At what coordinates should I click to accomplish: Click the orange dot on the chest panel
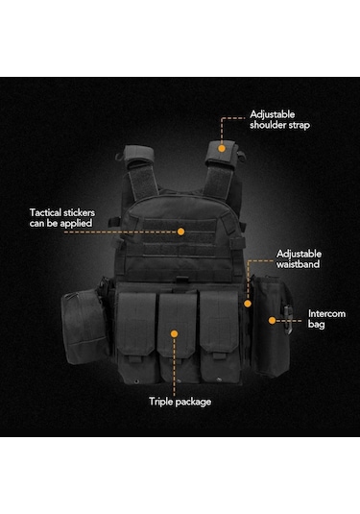180,231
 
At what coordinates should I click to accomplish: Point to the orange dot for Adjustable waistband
247,304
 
